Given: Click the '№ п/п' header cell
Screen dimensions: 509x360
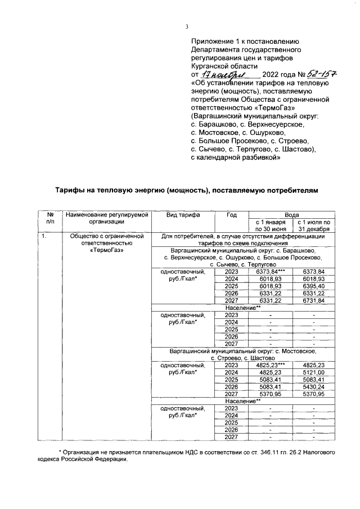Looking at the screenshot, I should click(x=49, y=218).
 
